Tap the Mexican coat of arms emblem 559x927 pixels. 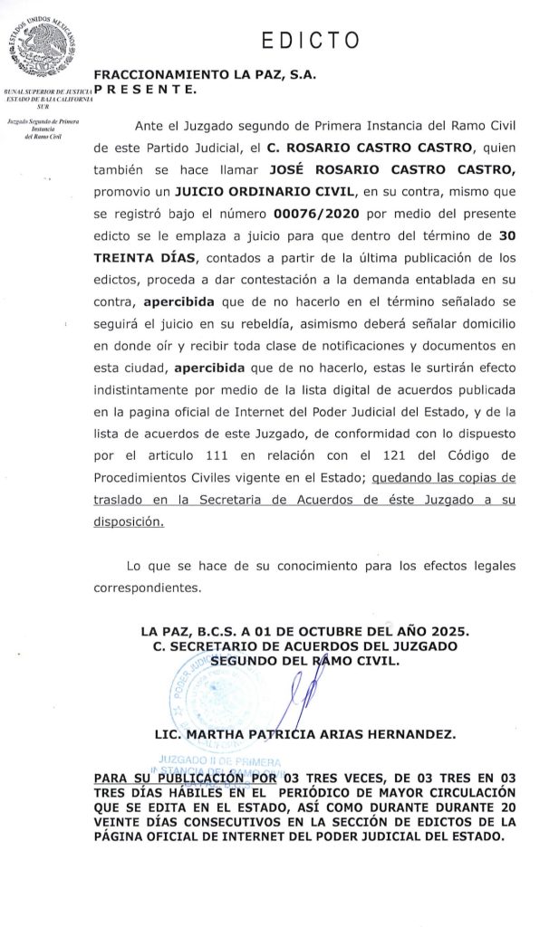[42, 43]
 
